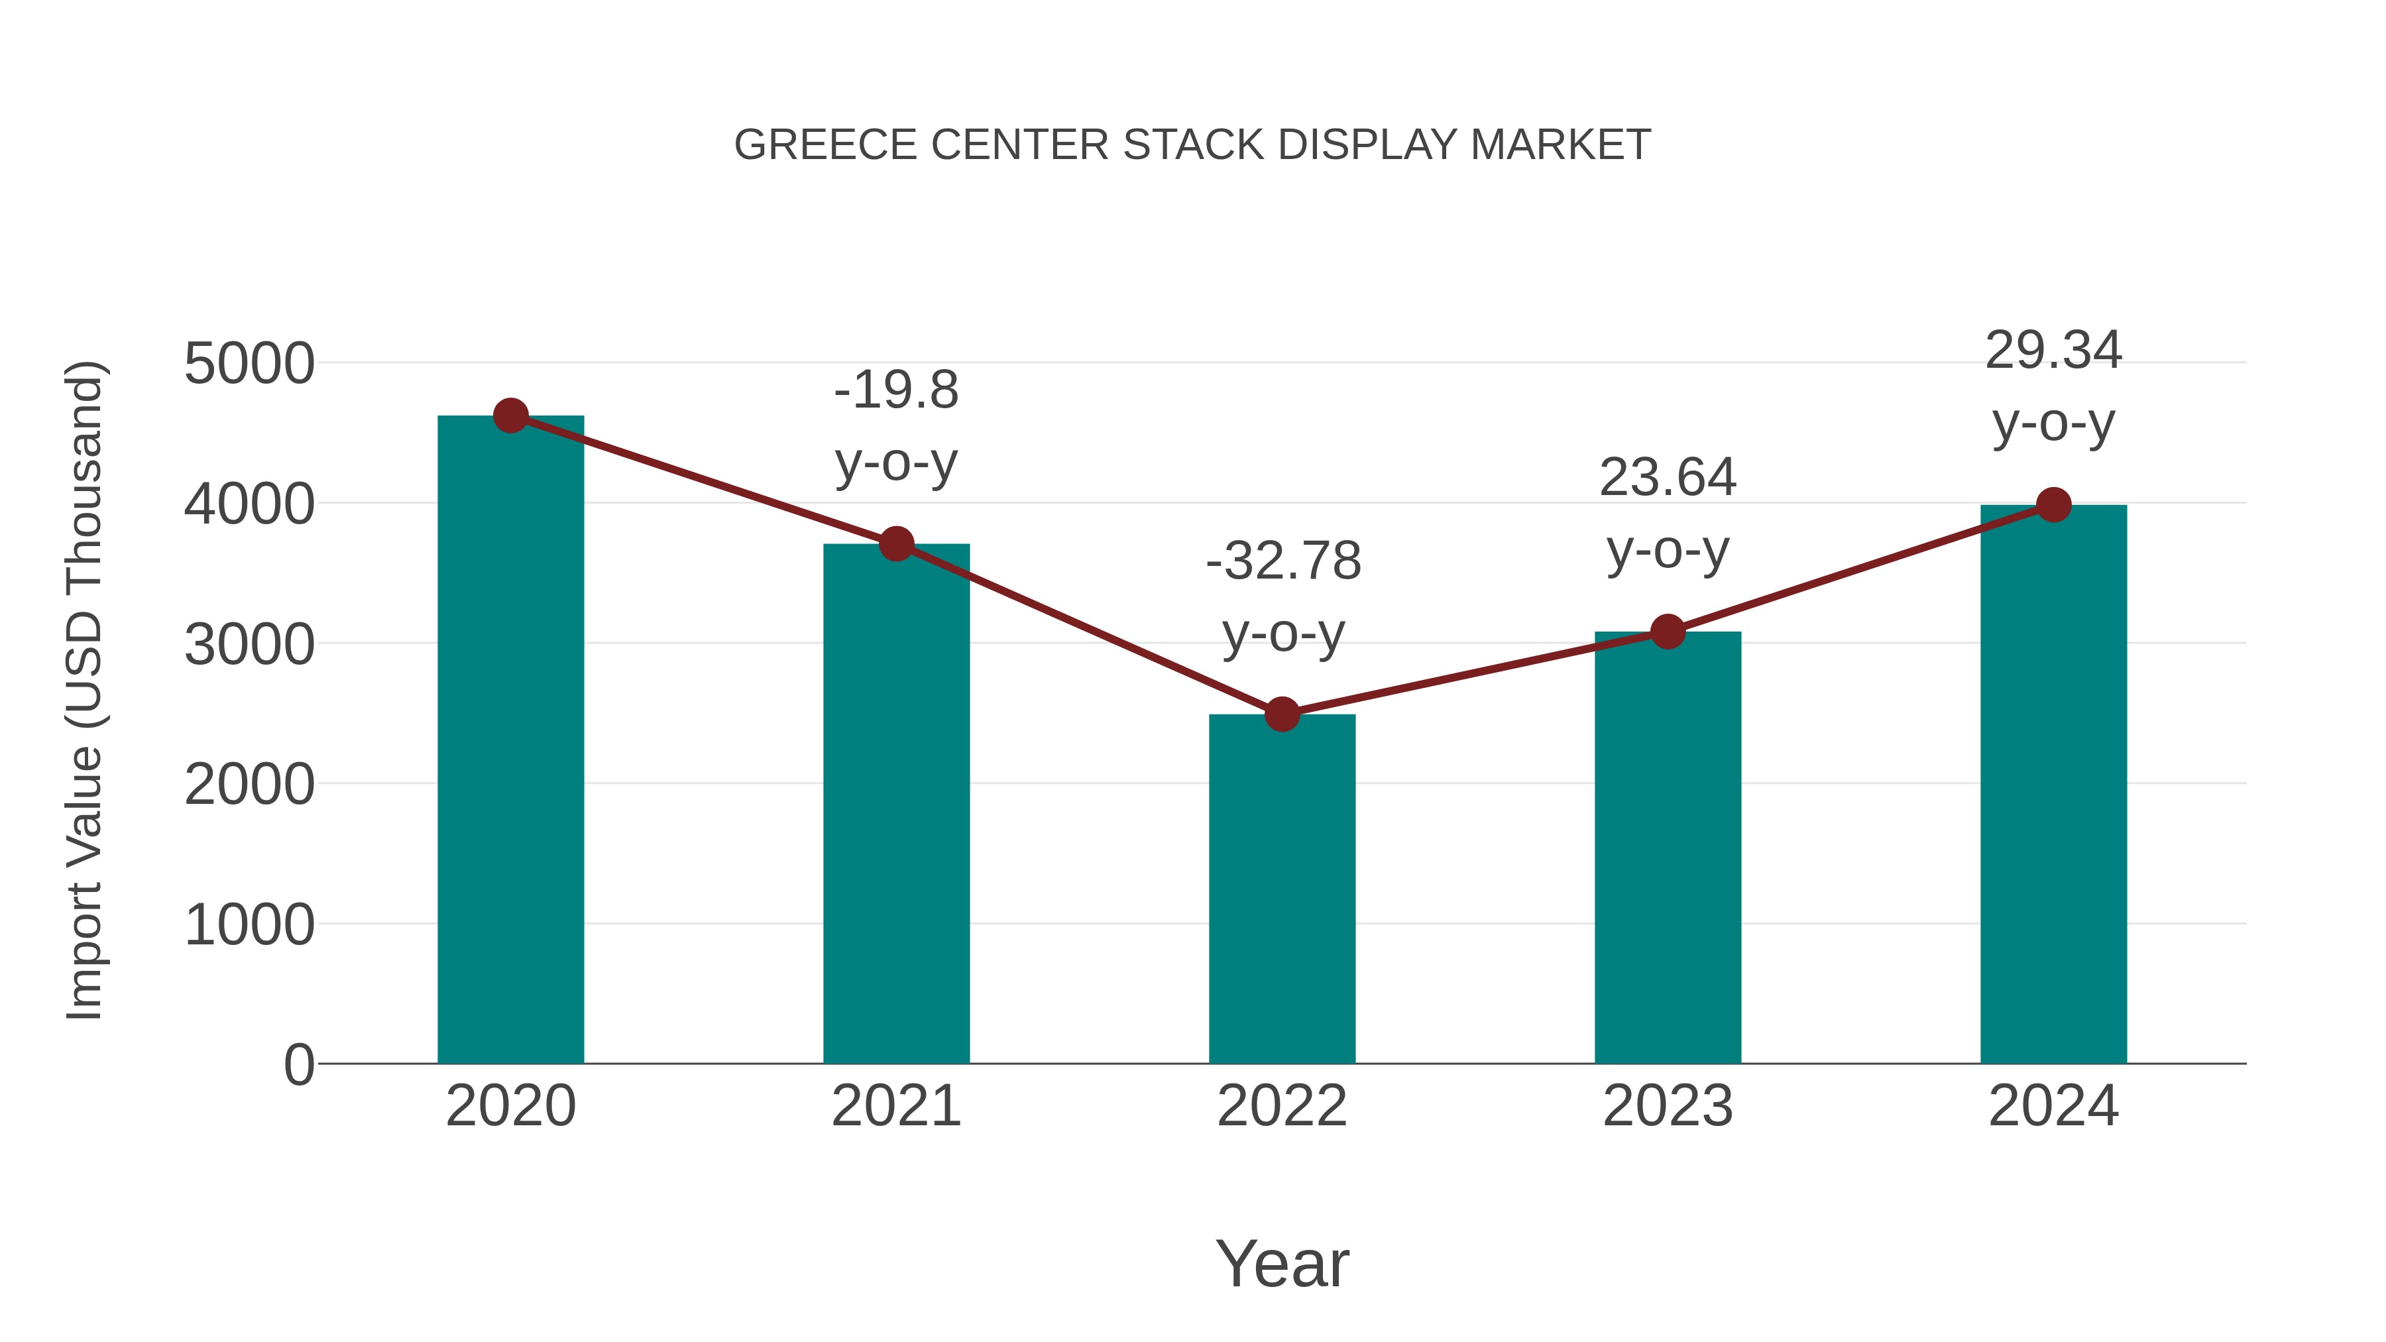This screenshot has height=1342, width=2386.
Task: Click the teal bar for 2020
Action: coord(510,741)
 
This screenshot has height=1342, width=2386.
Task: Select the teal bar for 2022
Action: coord(1282,889)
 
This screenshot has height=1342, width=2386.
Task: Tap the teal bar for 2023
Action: coord(1668,848)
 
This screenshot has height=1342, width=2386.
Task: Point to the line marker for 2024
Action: coord(2053,505)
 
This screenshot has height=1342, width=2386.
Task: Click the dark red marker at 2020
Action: coord(510,416)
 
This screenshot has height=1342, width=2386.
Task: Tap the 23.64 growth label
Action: coord(1668,478)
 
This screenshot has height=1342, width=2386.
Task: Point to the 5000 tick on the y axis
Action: coord(249,364)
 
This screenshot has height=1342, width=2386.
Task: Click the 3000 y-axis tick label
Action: coord(249,645)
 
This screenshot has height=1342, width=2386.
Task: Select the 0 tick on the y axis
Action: coord(299,1064)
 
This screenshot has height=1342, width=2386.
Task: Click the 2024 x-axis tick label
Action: coord(2053,1106)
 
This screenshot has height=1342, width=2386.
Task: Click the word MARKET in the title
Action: coord(1561,145)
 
